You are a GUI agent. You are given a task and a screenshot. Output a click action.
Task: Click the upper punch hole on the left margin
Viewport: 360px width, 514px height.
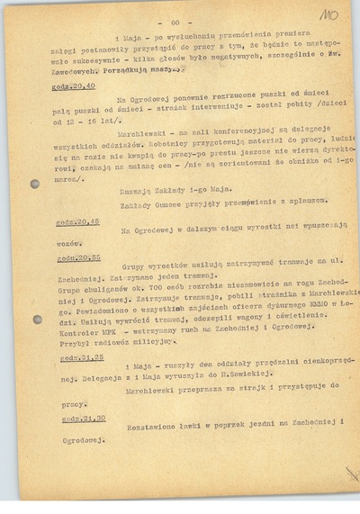click(x=35, y=185)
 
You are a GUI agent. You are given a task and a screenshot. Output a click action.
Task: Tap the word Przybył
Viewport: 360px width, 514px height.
click(x=74, y=342)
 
